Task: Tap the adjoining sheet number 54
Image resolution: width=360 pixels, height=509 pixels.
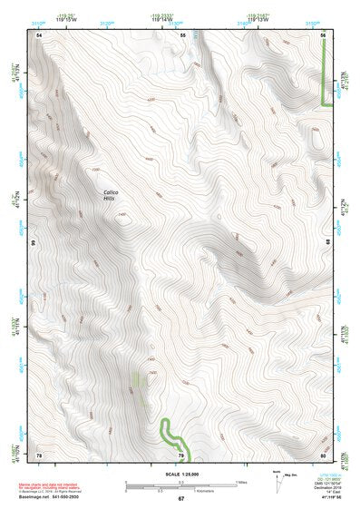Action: tap(40, 34)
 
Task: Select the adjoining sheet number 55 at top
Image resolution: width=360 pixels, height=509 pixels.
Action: tap(182, 34)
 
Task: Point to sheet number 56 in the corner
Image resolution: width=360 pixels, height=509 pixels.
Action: tap(324, 34)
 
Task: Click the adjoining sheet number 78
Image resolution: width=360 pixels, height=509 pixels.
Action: tap(39, 455)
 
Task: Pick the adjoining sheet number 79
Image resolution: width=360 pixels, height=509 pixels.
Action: tap(181, 455)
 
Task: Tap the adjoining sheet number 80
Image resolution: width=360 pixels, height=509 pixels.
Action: tap(324, 455)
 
